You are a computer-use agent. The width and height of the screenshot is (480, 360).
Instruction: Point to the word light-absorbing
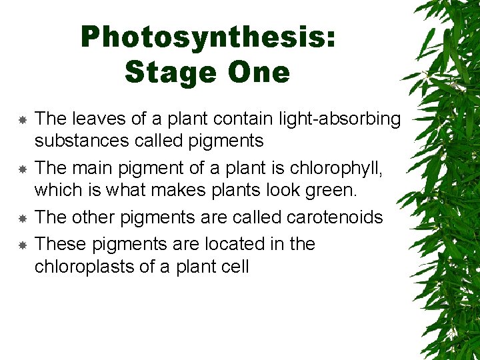point(341,119)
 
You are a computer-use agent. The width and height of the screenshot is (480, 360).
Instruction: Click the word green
point(334,191)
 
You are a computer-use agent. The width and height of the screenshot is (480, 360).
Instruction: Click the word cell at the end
point(235,267)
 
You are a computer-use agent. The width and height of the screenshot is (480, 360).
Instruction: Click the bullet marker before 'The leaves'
point(22,120)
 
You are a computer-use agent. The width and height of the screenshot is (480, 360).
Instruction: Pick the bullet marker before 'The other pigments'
point(22,218)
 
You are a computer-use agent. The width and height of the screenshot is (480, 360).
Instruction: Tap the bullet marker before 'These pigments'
point(22,245)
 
